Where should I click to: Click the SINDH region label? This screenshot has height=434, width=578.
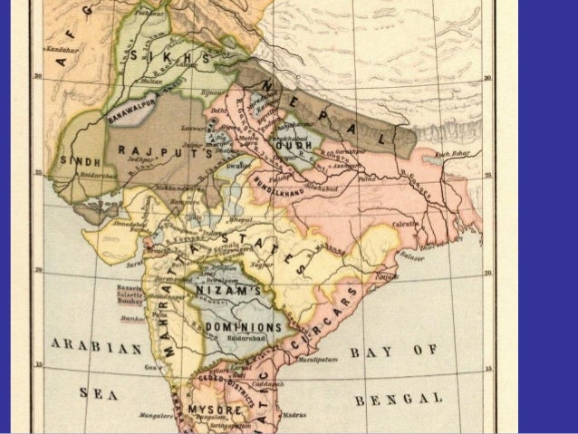[x=79, y=160]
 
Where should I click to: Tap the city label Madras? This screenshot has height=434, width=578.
[x=292, y=413]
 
